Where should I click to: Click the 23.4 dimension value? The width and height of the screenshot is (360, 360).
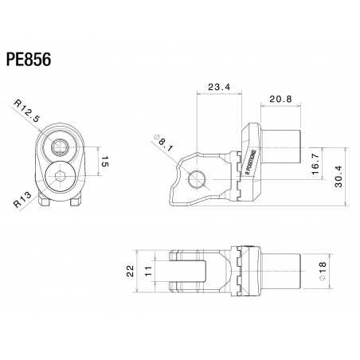(x=217, y=87)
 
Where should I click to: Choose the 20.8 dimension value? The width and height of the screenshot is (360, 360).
(x=279, y=100)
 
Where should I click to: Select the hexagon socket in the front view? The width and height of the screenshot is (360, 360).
(x=61, y=178)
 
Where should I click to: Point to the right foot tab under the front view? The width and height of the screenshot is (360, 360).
(x=76, y=204)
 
